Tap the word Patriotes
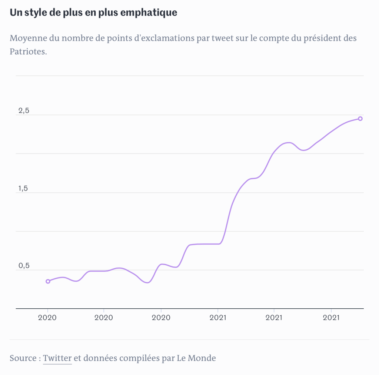click(x=28, y=51)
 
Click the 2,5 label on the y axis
click(x=24, y=111)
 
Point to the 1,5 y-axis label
click(x=24, y=189)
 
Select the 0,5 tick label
click(x=24, y=266)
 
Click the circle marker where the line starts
click(x=48, y=281)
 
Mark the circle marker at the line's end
click(x=360, y=119)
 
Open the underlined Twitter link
click(x=57, y=358)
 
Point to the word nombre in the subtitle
click(x=76, y=38)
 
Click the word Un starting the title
click(x=14, y=13)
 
